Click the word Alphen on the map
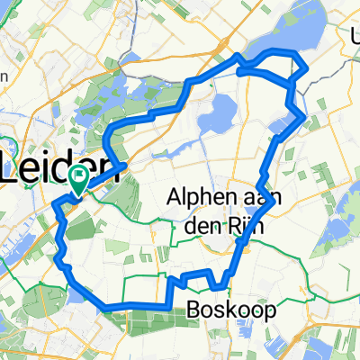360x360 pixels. [x=199, y=196]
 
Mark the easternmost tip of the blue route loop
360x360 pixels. [x=306, y=68]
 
